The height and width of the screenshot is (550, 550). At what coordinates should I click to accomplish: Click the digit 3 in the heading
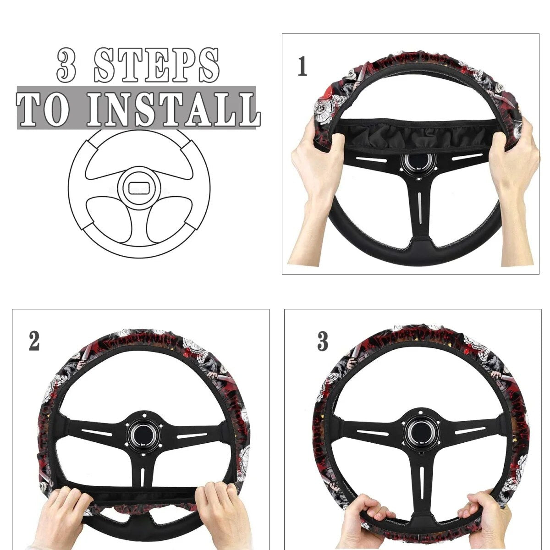[x=66, y=65]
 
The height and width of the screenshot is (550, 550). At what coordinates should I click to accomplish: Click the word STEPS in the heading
[x=157, y=65]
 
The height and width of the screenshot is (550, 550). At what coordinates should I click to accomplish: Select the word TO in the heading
[x=44, y=109]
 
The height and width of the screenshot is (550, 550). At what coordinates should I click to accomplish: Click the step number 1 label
[x=302, y=66]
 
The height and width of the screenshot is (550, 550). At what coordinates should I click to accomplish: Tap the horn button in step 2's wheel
[x=143, y=439]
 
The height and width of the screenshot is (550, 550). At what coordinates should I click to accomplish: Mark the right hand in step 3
[x=482, y=517]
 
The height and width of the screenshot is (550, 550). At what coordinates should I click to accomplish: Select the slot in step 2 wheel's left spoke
[x=97, y=433]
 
